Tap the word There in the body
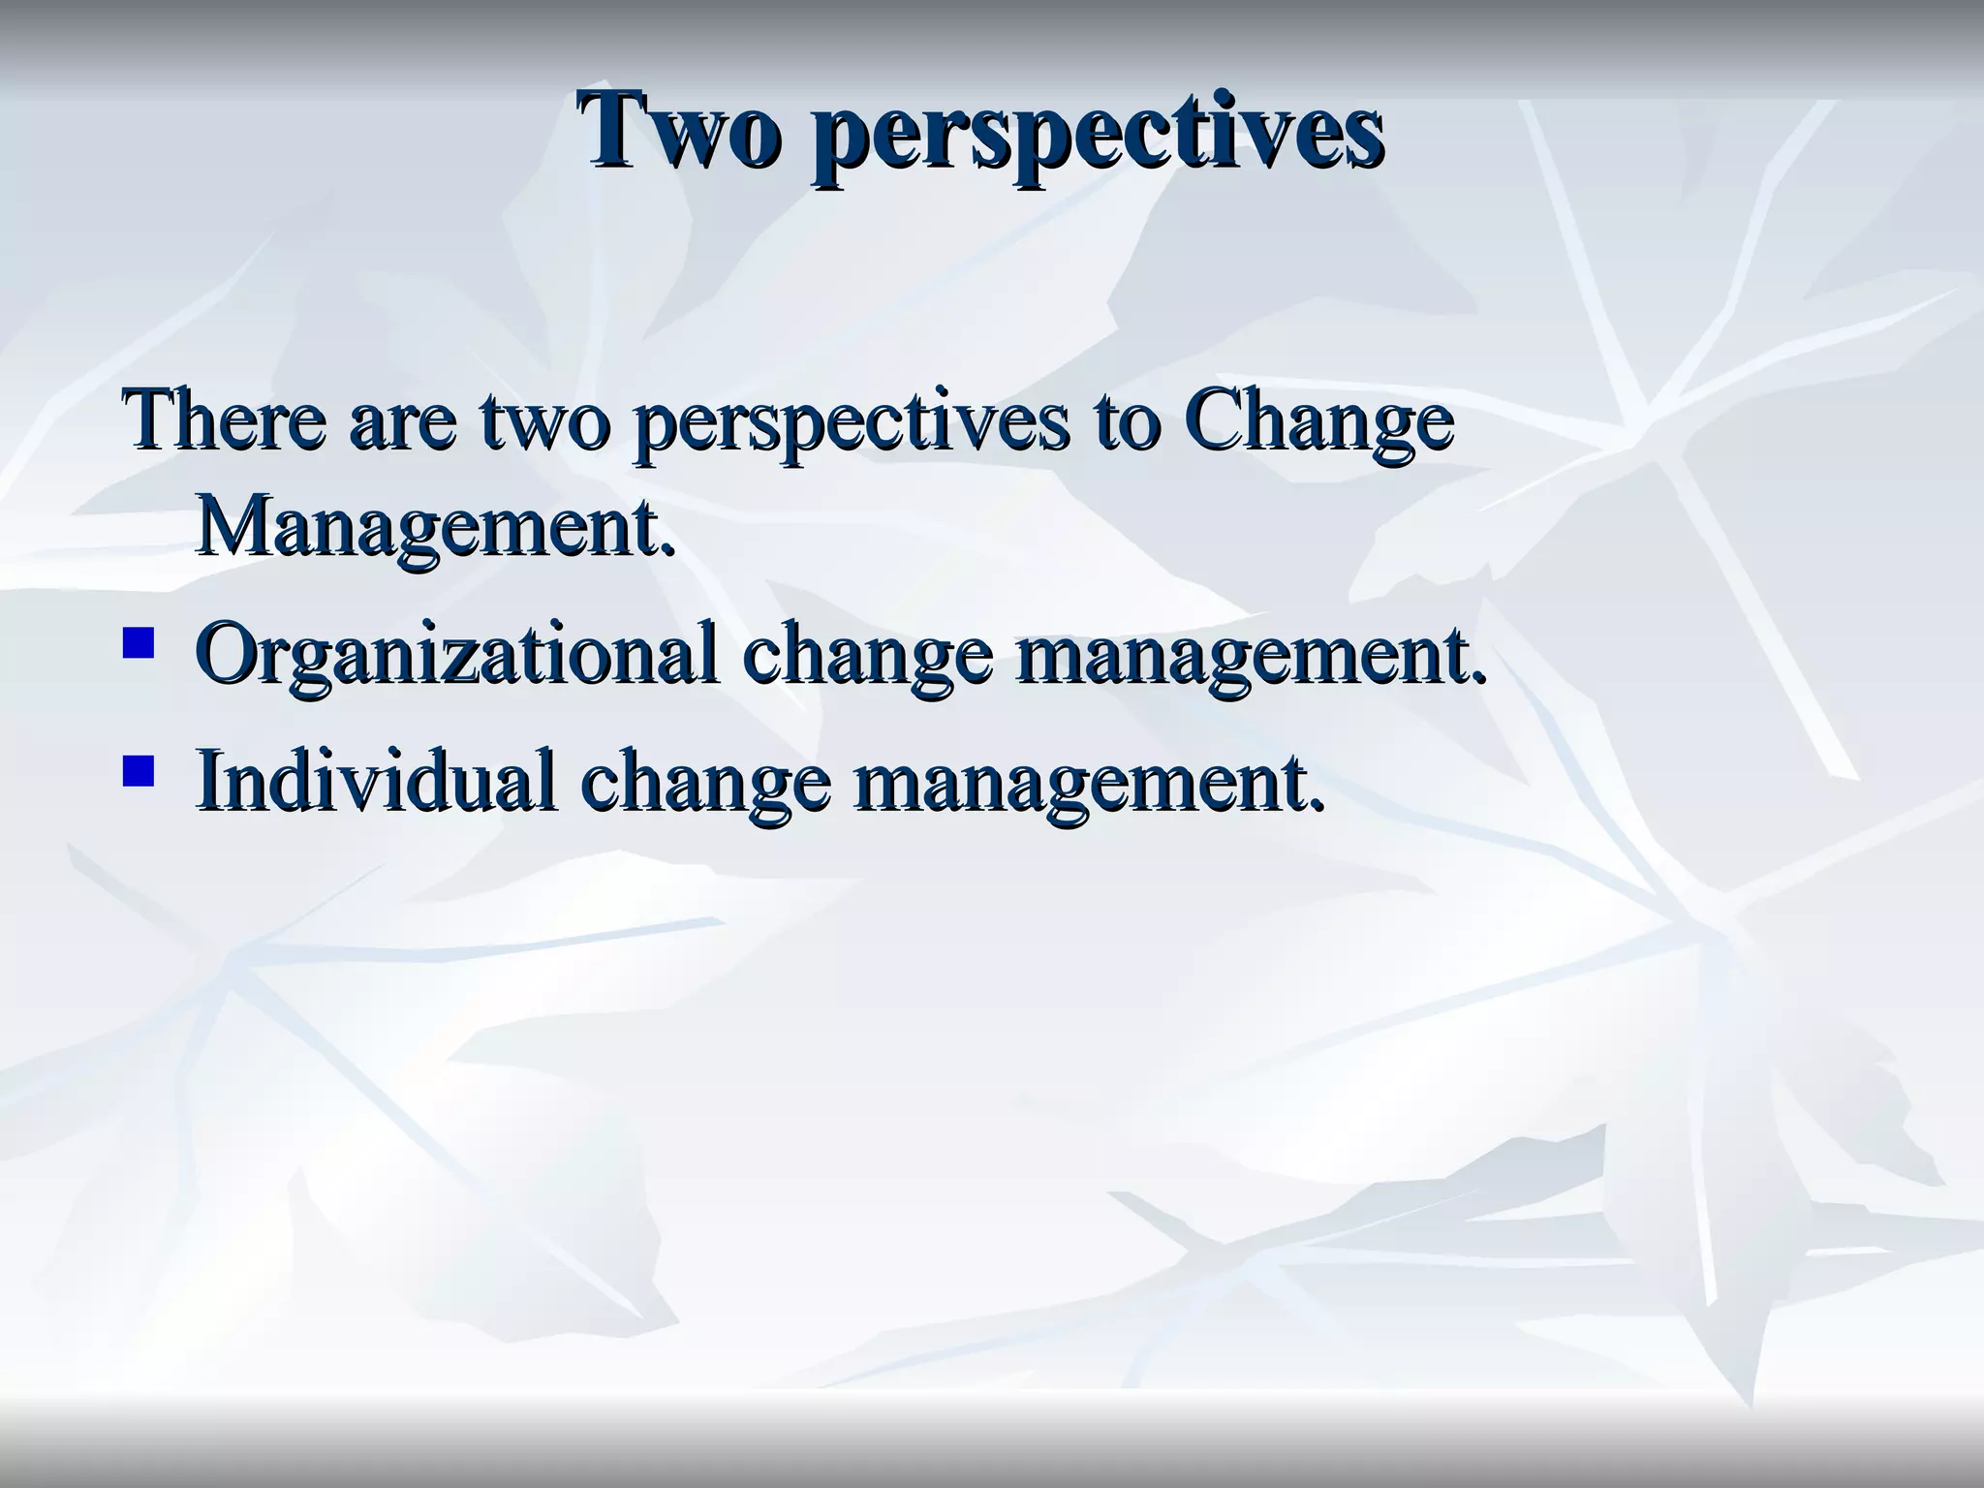click(223, 421)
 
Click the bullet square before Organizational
click(139, 643)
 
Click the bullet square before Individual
click(139, 770)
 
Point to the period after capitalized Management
click(666, 550)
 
